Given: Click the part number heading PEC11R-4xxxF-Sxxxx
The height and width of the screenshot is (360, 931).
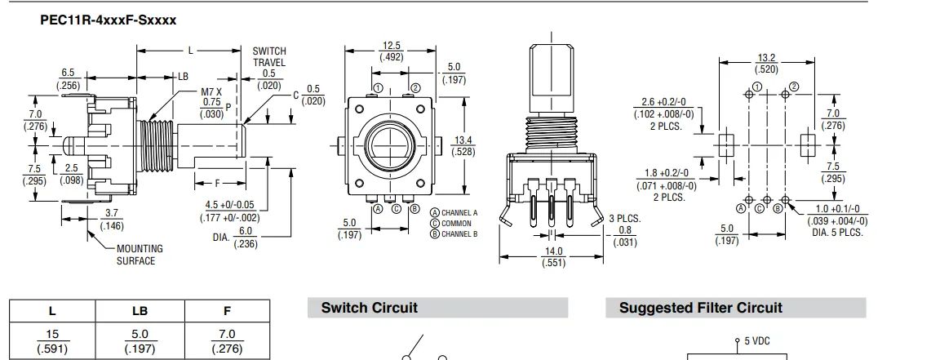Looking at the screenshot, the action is [109, 20].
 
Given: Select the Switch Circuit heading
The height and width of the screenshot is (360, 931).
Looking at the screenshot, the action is [370, 308].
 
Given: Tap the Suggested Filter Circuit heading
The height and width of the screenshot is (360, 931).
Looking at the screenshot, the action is [701, 308].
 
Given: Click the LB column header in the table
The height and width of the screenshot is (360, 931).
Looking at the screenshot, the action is [140, 311].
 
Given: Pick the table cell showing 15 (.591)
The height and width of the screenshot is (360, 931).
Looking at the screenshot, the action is [52, 341].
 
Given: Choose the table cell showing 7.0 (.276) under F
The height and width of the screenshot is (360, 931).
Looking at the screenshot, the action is [228, 341].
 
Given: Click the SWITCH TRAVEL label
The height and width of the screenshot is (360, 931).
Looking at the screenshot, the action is [269, 56].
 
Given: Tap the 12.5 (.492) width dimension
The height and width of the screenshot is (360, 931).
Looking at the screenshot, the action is [392, 51].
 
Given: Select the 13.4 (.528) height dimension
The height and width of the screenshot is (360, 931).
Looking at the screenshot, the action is [463, 145].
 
